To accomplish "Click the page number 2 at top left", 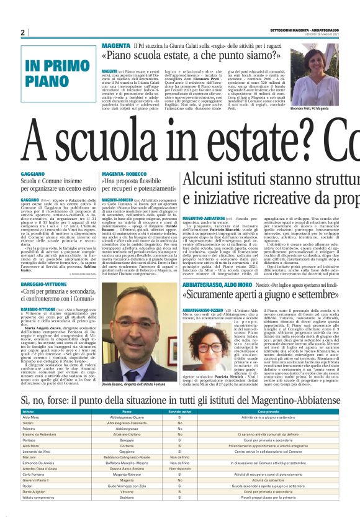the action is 23,32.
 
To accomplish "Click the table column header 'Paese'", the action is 127,411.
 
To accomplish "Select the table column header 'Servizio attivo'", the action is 180,411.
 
